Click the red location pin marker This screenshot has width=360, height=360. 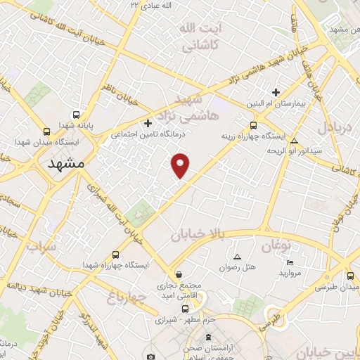181,165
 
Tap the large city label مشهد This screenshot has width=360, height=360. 66,163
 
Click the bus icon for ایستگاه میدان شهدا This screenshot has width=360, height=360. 46,131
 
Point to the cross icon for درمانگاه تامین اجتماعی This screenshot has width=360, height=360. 148,124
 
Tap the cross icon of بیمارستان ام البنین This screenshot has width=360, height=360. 276,92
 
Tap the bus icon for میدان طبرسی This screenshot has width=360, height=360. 350,276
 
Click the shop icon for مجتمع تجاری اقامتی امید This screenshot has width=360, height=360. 179,274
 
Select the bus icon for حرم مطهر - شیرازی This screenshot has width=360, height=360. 185,308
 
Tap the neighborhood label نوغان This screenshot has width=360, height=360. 276,246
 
